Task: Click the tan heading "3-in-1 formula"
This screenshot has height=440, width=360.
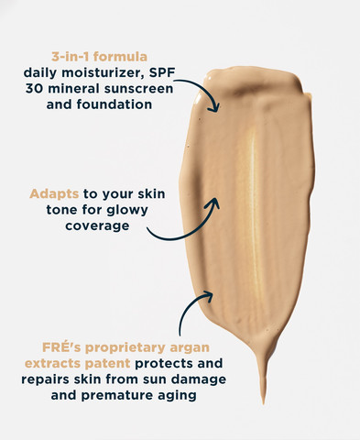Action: point(99,57)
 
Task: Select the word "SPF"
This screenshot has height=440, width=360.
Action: point(164,72)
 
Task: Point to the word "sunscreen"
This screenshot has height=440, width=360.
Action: point(138,89)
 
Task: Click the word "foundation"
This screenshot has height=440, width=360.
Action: point(115,104)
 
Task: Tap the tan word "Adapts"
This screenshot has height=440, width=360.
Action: point(54,194)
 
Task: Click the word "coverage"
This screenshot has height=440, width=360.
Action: point(97,225)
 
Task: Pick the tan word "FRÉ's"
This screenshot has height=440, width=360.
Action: point(61,347)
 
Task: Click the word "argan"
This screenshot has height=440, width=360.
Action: point(190,348)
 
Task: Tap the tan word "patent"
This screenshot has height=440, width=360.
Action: point(107,364)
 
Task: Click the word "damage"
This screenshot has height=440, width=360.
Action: point(199,379)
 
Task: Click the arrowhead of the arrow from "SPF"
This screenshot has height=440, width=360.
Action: point(215,107)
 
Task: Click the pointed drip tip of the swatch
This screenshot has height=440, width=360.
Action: point(263,403)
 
